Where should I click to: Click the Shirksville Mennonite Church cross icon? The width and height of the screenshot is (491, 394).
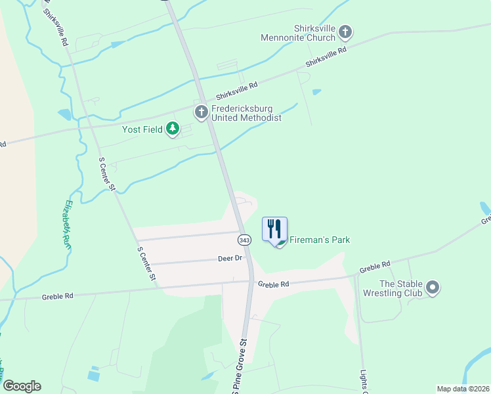click(x=345, y=32)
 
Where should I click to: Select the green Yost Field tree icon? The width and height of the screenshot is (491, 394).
click(x=173, y=129)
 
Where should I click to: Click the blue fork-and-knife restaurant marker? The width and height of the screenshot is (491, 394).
click(x=274, y=229)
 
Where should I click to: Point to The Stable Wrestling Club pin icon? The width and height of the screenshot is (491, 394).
click(x=432, y=287)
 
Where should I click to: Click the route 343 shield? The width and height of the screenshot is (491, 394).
click(x=244, y=240)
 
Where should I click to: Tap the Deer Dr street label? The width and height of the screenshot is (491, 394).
click(x=230, y=259)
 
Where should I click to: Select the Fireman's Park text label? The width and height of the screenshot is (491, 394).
click(x=320, y=240)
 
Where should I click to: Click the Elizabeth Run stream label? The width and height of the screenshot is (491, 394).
click(x=67, y=217)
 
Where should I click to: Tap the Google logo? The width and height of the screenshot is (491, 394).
click(x=22, y=385)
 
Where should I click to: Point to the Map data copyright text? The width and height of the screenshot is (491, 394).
click(x=463, y=388)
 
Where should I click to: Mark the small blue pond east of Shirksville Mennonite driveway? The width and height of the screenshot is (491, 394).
click(x=317, y=92)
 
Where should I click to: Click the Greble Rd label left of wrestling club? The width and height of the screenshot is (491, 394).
click(x=375, y=268)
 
